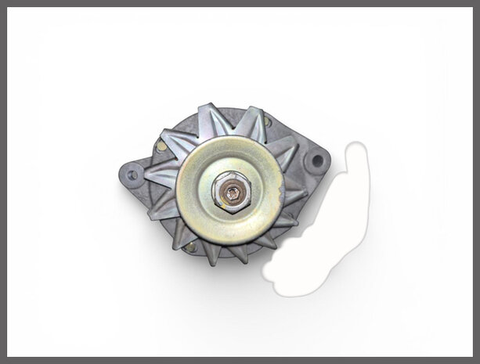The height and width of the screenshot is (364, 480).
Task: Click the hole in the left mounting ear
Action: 132,175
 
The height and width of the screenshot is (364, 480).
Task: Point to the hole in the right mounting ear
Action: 316,161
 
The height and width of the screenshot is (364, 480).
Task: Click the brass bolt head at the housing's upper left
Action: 161,146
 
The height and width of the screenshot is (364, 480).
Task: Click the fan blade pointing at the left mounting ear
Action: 160,175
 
